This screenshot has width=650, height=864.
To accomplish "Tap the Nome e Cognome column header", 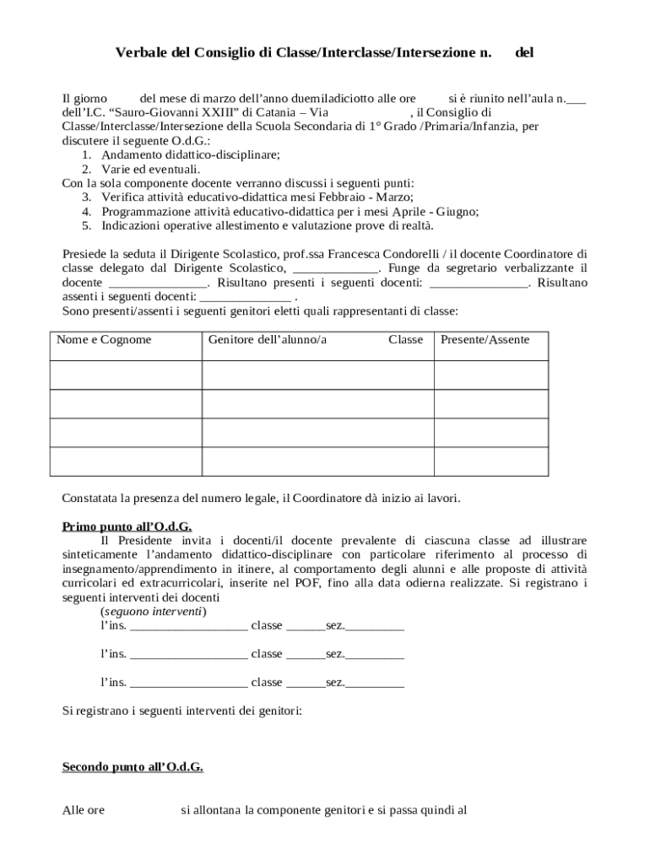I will [x=104, y=339].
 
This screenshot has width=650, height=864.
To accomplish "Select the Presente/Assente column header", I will [x=485, y=339].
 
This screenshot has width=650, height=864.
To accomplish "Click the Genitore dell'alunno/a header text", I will [x=268, y=339].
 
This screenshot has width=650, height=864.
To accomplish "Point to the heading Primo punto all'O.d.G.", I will [x=127, y=526].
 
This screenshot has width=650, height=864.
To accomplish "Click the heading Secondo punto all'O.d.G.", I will [x=133, y=767].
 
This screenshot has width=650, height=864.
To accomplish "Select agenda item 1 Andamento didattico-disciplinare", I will [x=191, y=155].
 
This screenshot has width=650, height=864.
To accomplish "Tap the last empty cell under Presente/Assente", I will [x=490, y=461].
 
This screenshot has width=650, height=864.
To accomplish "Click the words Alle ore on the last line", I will [x=84, y=811].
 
